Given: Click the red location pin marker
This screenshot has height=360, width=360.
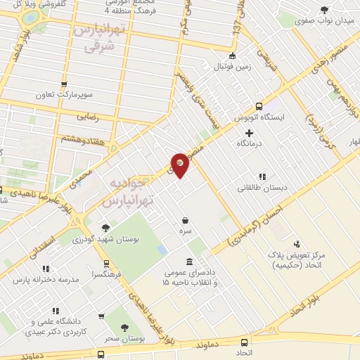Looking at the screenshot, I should tap(180, 165).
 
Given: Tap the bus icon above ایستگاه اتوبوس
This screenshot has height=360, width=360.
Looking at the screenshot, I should tap(259, 105).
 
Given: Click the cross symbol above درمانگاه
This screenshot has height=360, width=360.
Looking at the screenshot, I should tap(249, 133).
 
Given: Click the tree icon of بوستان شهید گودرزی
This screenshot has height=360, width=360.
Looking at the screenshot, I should tap(105, 227).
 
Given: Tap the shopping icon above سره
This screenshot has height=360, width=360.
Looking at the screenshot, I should tap(185, 219).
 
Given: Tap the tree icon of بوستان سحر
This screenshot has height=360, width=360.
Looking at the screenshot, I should tap(124, 327).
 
